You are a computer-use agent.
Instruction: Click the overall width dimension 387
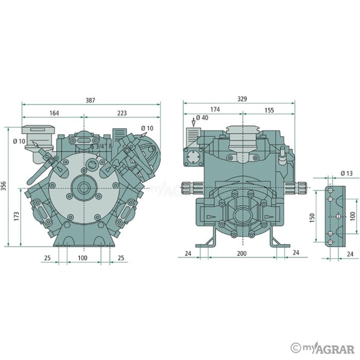[90, 100]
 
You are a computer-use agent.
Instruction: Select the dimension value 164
[53, 113]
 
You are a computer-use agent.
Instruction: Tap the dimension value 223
[121, 113]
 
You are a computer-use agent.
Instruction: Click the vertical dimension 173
[16, 216]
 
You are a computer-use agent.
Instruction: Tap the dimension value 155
[269, 110]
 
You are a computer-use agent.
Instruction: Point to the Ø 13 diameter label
[346, 173]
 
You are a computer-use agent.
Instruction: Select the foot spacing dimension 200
[241, 253]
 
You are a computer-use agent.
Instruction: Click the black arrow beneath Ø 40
[193, 122]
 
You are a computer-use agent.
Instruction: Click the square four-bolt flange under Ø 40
[194, 157]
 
